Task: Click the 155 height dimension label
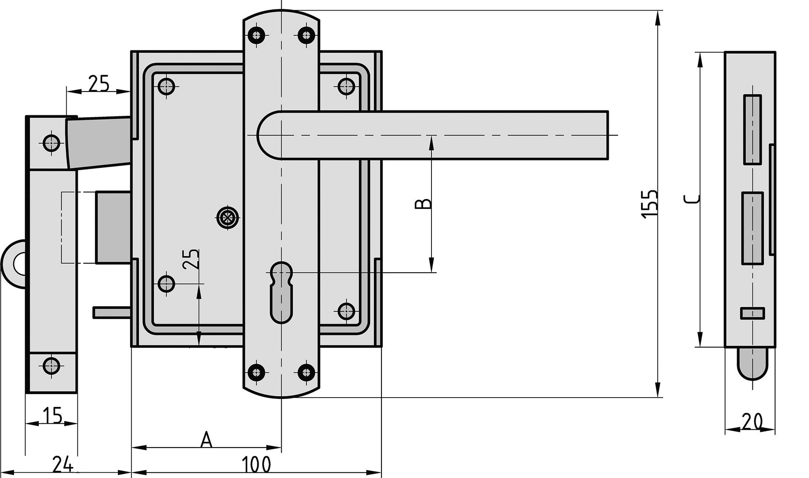point(649,203)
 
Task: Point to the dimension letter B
point(423,204)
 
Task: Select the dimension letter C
point(691,199)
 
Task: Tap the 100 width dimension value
point(256,465)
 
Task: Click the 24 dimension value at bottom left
point(63,465)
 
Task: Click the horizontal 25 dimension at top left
point(98,83)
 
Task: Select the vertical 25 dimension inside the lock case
point(191,259)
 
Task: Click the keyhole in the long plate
point(281,292)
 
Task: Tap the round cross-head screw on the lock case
point(228,217)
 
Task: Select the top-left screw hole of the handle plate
point(256,34)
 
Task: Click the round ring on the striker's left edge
point(15,264)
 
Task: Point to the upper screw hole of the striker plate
point(52,143)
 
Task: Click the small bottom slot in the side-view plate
point(752,313)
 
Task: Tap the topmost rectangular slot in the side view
point(752,129)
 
